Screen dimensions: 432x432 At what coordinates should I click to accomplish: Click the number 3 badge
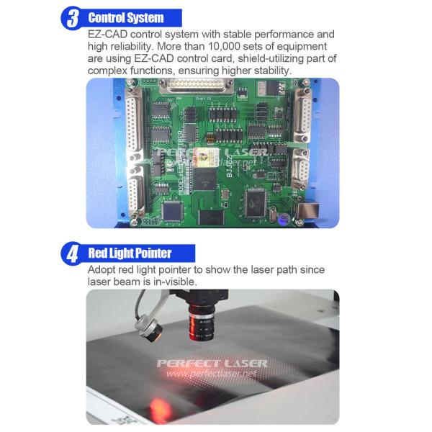pos(72,18)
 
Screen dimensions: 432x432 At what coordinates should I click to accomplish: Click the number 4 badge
pos(72,253)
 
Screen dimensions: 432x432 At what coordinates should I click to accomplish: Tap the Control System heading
pos(125,17)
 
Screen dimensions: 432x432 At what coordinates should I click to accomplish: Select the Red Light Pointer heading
pos(130,253)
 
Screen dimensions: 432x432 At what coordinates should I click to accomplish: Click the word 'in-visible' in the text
pos(174,282)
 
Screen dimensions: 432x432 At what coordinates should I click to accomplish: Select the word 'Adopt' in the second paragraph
pos(102,269)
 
